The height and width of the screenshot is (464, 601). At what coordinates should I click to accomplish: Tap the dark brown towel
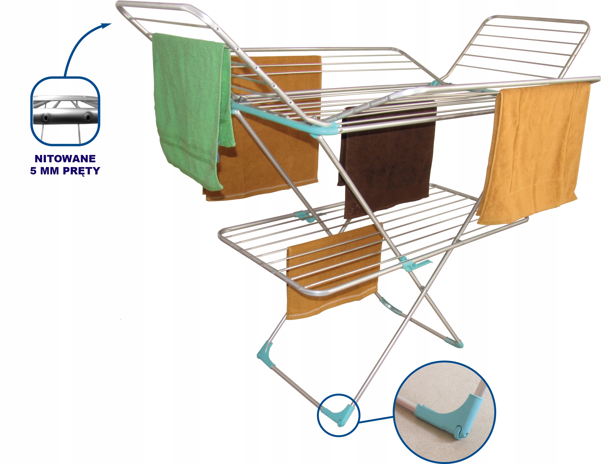pos(388,158)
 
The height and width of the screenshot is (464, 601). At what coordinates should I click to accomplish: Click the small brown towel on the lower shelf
pos(333,270)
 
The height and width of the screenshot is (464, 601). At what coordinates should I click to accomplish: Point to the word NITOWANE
pos(65,159)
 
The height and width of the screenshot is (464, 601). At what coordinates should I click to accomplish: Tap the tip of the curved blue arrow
pos(112,24)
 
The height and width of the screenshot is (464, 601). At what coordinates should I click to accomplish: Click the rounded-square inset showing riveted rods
pos(65,111)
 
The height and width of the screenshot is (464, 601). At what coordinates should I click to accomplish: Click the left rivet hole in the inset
pos(45,117)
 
